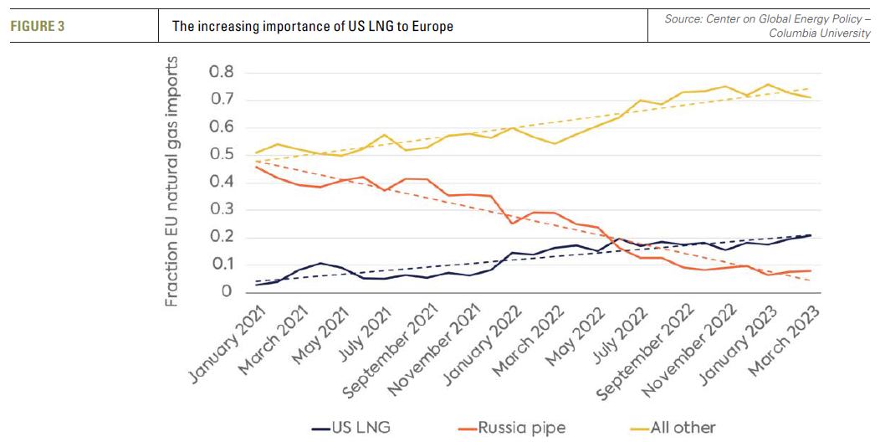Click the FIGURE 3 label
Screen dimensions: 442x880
click(x=38, y=26)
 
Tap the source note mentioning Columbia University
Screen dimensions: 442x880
click(x=767, y=25)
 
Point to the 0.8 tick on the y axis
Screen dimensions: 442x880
click(x=222, y=73)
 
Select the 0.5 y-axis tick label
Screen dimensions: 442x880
click(x=222, y=155)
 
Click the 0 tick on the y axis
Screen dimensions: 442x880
click(x=227, y=291)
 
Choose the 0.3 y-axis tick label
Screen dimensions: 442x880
click(x=222, y=209)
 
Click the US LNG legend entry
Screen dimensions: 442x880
click(x=351, y=428)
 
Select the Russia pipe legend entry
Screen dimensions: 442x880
click(x=512, y=428)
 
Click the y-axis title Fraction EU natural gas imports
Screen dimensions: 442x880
click(x=172, y=182)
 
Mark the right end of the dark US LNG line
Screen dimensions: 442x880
click(x=810, y=235)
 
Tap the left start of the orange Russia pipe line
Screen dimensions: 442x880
click(x=257, y=167)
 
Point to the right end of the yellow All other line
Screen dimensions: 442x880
click(x=810, y=97)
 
